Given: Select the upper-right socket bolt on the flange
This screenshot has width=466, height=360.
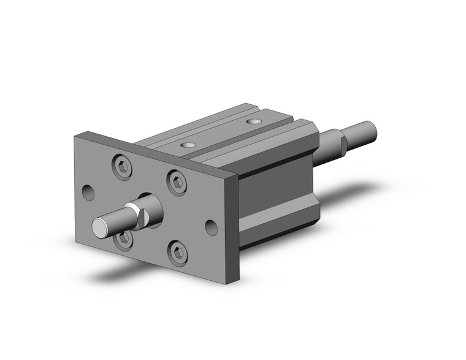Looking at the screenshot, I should coord(177,182).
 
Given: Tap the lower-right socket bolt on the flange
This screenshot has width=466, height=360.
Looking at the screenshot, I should coord(178,253).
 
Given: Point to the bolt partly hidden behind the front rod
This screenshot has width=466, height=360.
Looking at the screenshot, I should coord(123,237).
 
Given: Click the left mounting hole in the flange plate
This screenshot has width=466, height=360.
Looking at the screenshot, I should coord(90,193).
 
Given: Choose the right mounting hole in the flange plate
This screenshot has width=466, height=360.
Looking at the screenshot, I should coord(212,228).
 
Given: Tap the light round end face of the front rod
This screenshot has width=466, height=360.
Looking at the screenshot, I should coord(99,228).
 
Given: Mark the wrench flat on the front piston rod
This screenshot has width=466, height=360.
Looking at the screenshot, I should coord(141,215).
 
